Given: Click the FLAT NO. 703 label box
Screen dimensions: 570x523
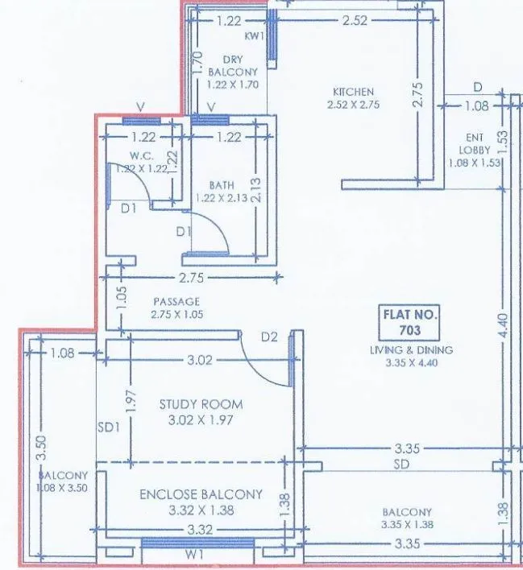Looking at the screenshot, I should pos(410,323).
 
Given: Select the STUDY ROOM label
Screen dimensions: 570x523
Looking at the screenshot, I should pos(201,404).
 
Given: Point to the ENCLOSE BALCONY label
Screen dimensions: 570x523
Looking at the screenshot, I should pos(201,494).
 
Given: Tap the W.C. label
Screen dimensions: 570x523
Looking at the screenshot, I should pos(141,155).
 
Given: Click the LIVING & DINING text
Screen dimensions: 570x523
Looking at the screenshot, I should pos(411,350).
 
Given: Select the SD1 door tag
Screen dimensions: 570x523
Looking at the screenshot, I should pos(108,428).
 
